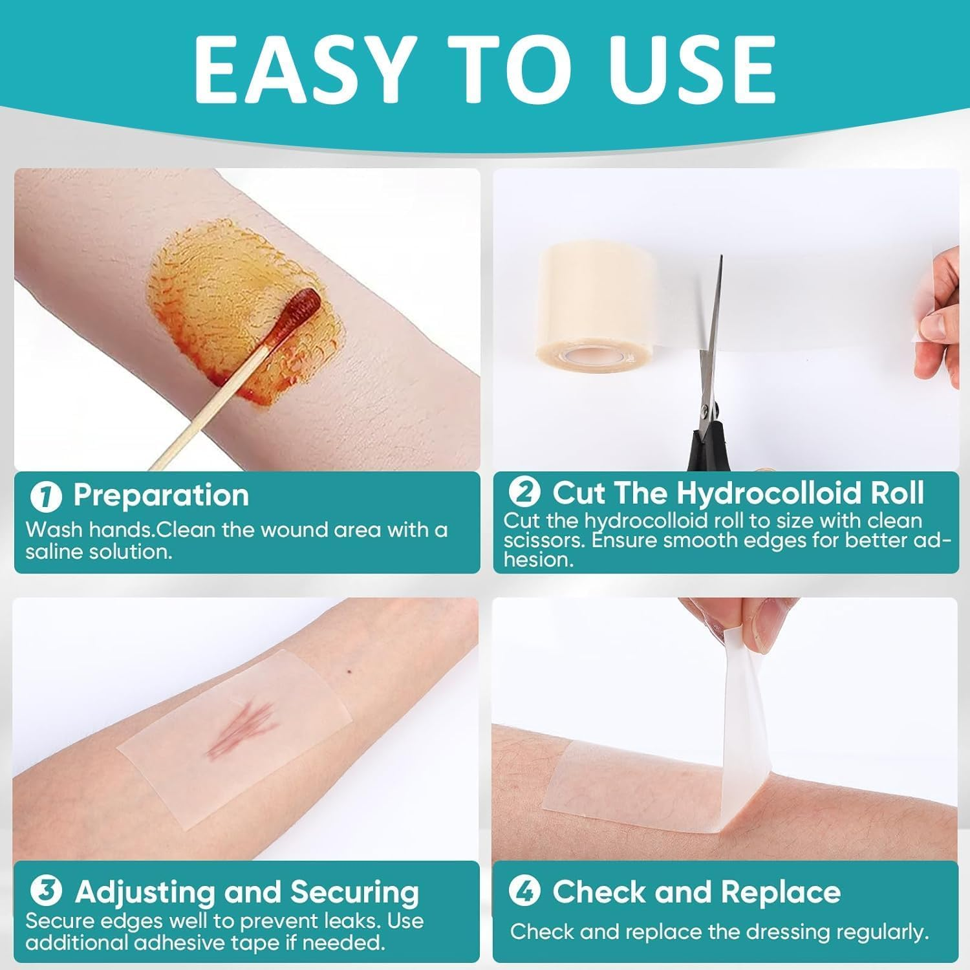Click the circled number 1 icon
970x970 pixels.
[47, 497]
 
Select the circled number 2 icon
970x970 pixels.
[524, 493]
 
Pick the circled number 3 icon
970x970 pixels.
[47, 892]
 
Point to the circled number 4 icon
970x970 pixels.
[524, 892]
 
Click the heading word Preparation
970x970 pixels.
[161, 495]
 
